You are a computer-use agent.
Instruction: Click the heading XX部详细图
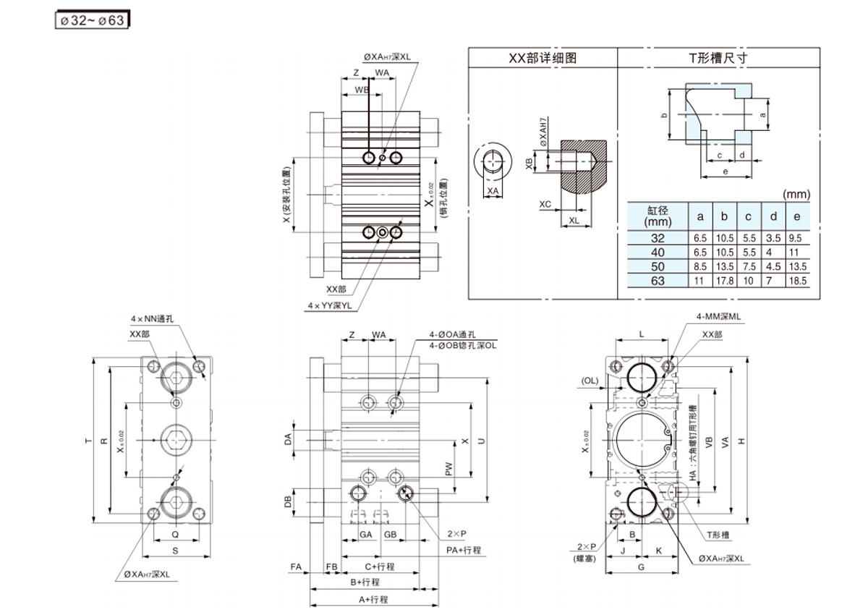pos(542,59)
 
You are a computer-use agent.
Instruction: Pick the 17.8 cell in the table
pos(725,281)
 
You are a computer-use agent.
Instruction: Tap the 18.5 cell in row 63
pos(796,281)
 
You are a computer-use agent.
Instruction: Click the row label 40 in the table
pos(658,253)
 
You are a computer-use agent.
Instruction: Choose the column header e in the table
pos(796,216)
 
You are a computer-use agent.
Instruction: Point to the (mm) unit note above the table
pos(796,194)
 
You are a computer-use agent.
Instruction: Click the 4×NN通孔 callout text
pos(154,318)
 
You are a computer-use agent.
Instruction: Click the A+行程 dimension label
pos(373,600)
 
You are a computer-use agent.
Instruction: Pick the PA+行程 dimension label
pos(463,550)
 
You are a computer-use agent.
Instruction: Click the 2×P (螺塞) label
pos(585,551)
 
